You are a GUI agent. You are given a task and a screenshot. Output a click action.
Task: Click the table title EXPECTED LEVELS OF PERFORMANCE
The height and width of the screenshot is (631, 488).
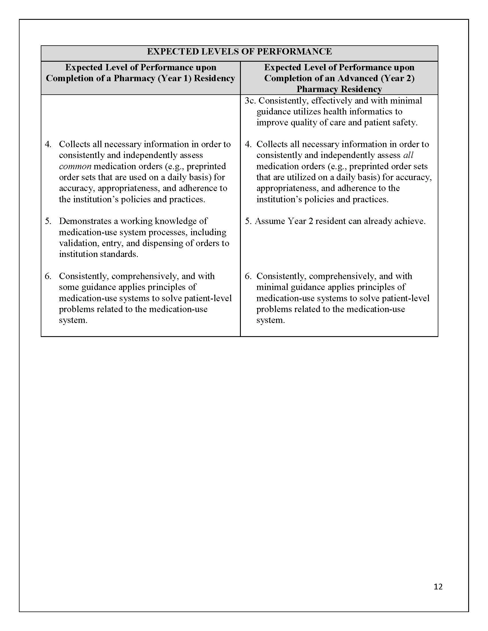[x=239, y=52]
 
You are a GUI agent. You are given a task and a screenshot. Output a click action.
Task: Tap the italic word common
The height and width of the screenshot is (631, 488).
[x=75, y=166]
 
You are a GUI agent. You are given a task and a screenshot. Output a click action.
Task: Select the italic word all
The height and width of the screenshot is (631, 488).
[x=408, y=155]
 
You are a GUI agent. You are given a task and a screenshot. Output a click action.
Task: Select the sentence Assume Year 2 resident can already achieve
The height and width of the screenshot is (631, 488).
[x=340, y=221]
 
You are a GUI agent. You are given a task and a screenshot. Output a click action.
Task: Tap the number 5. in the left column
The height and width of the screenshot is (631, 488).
[x=48, y=221]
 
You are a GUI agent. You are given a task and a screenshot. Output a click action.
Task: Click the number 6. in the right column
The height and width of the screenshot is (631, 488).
[x=248, y=276]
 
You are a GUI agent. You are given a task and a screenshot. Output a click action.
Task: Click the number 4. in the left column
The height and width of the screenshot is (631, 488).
[x=48, y=144]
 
